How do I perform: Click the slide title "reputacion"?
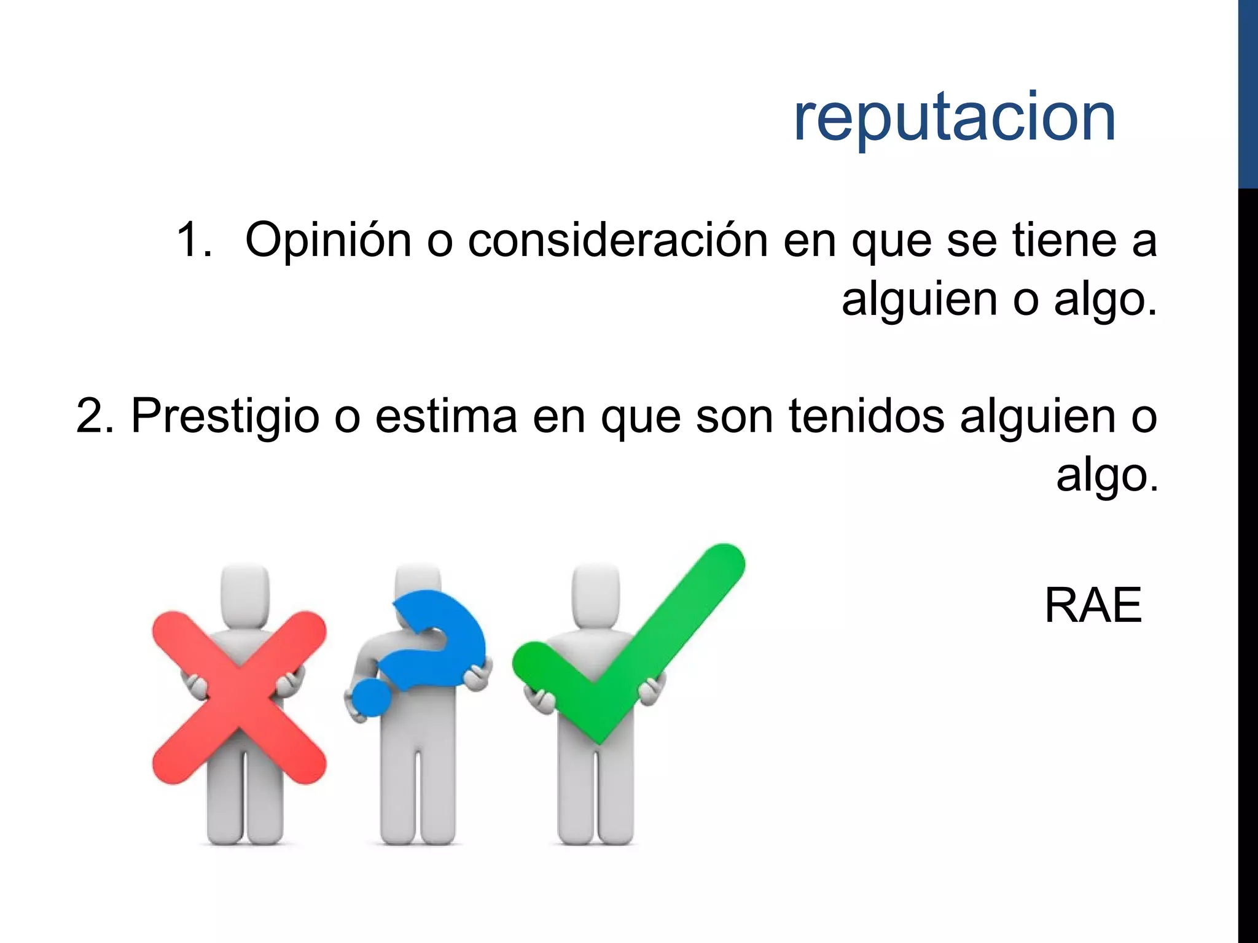(x=954, y=118)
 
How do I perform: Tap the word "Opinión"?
(x=328, y=240)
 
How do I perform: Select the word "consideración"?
(x=617, y=240)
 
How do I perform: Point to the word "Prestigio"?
(x=225, y=416)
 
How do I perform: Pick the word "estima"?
(x=446, y=416)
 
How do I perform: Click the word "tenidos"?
(x=866, y=416)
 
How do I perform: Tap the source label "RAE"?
(x=1093, y=606)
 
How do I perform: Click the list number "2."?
(x=95, y=416)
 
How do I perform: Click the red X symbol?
(x=239, y=697)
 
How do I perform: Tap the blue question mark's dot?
(x=372, y=697)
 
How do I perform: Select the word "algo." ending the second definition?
(x=1106, y=475)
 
